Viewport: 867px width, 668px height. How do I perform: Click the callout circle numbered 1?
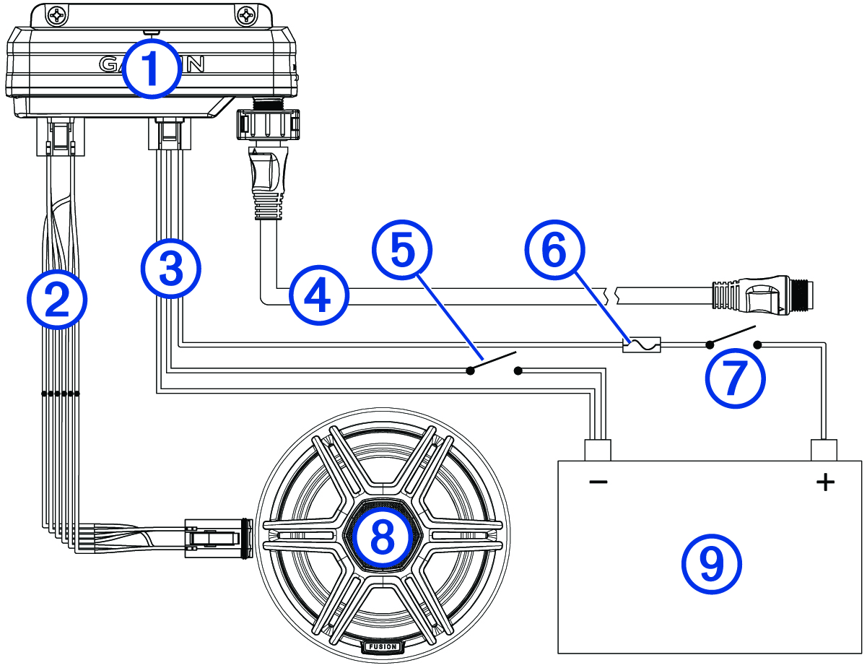(150, 69)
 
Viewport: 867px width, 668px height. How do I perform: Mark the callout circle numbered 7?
(734, 378)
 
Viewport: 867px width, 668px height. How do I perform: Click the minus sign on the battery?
(598, 482)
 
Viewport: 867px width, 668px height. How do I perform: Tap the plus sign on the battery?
(824, 482)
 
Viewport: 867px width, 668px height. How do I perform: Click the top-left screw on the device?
(56, 14)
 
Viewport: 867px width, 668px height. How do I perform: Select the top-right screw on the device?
(246, 14)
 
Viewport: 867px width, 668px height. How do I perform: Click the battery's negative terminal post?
(598, 450)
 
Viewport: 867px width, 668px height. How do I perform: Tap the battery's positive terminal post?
(824, 450)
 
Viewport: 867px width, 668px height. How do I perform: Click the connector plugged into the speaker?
(216, 538)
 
